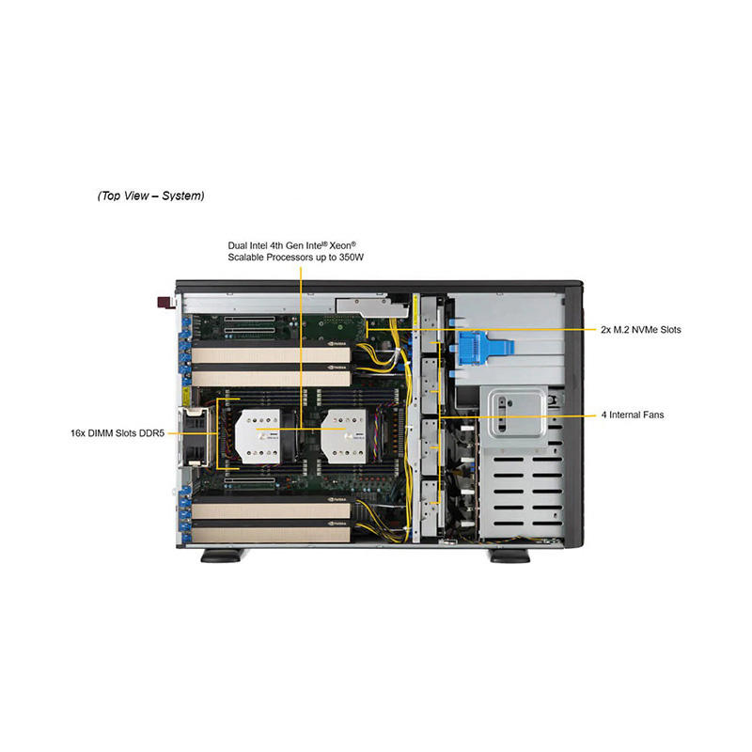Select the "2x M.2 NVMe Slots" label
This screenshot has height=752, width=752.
pos(641,330)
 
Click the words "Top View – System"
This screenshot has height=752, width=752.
pos(150,196)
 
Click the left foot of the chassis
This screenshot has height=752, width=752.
pos(225,556)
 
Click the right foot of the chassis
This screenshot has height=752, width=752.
pos(509,556)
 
